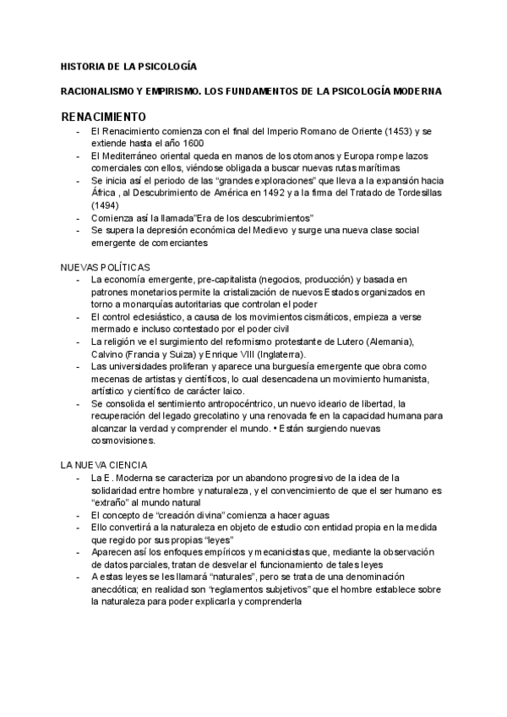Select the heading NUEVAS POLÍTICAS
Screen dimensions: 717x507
click(x=106, y=266)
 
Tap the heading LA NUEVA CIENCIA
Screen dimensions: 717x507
click(x=104, y=466)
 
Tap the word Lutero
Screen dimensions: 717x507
click(x=335, y=341)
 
